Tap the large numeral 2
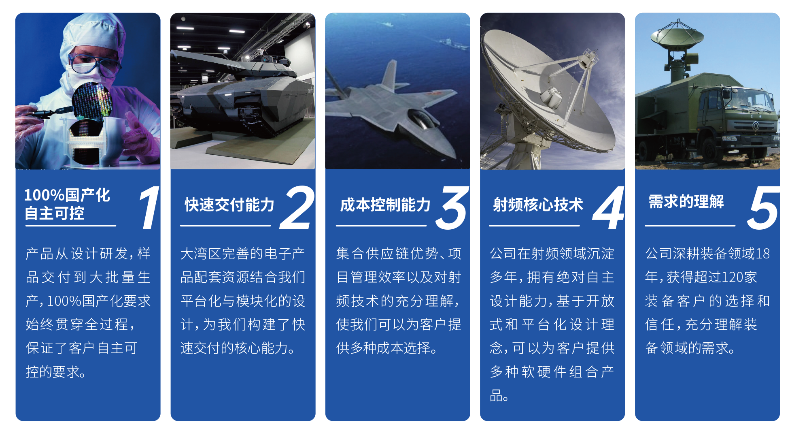(x=297, y=207)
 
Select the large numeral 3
(x=452, y=207)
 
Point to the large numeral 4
(x=608, y=207)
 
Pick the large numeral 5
(x=763, y=207)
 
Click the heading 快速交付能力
(x=229, y=205)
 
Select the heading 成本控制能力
(x=385, y=205)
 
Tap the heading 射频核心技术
(x=538, y=205)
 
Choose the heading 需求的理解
(x=686, y=202)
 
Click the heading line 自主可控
(x=55, y=213)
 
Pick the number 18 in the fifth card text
(x=762, y=254)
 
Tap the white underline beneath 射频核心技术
(x=534, y=225)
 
